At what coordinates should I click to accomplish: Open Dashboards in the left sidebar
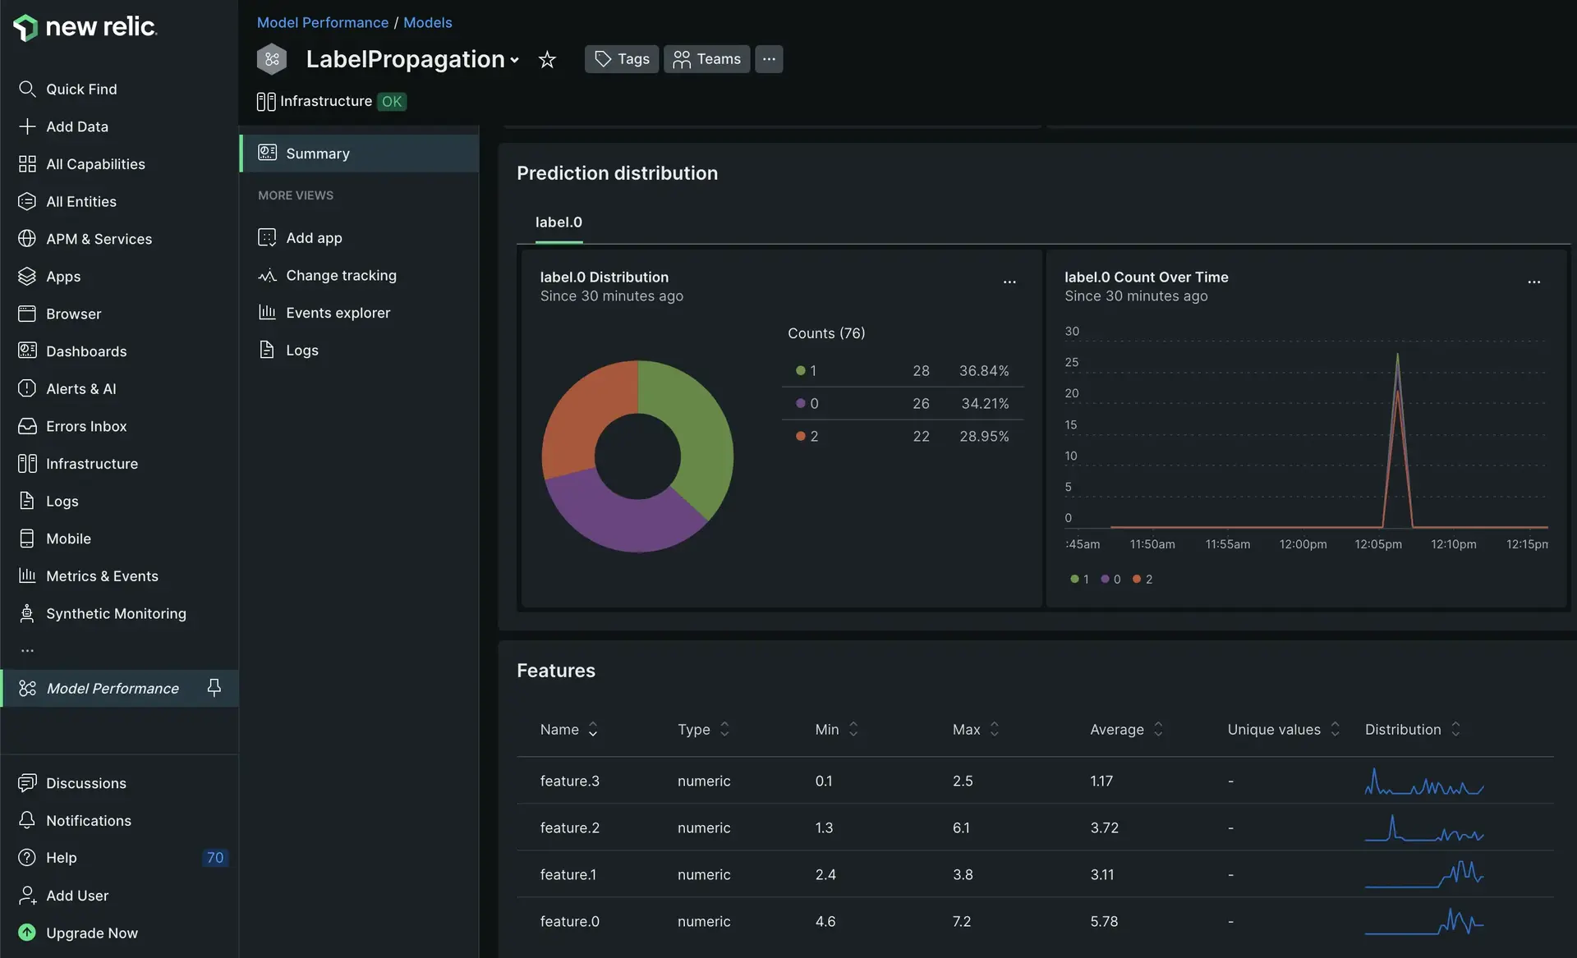pyautogui.click(x=86, y=351)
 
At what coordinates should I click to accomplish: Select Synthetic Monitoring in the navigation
pyautogui.click(x=116, y=613)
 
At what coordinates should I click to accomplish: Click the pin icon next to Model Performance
pyautogui.click(x=214, y=688)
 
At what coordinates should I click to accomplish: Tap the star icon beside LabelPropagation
pyautogui.click(x=547, y=59)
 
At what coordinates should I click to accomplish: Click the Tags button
pyautogui.click(x=622, y=59)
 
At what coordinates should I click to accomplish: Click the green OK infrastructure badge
pyautogui.click(x=392, y=102)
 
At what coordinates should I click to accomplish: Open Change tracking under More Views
pyautogui.click(x=341, y=276)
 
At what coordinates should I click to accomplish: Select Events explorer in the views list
pyautogui.click(x=338, y=313)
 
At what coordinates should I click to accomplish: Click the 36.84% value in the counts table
pyautogui.click(x=984, y=371)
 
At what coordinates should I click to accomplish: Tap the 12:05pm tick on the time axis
pyautogui.click(x=1378, y=544)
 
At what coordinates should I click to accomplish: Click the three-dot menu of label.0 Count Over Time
pyautogui.click(x=1533, y=282)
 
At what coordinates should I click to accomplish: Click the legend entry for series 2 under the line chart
pyautogui.click(x=1143, y=580)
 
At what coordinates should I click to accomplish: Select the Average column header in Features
pyautogui.click(x=1117, y=730)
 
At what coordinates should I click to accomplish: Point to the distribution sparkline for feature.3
pyautogui.click(x=1424, y=782)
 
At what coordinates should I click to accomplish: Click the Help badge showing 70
pyautogui.click(x=215, y=858)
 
